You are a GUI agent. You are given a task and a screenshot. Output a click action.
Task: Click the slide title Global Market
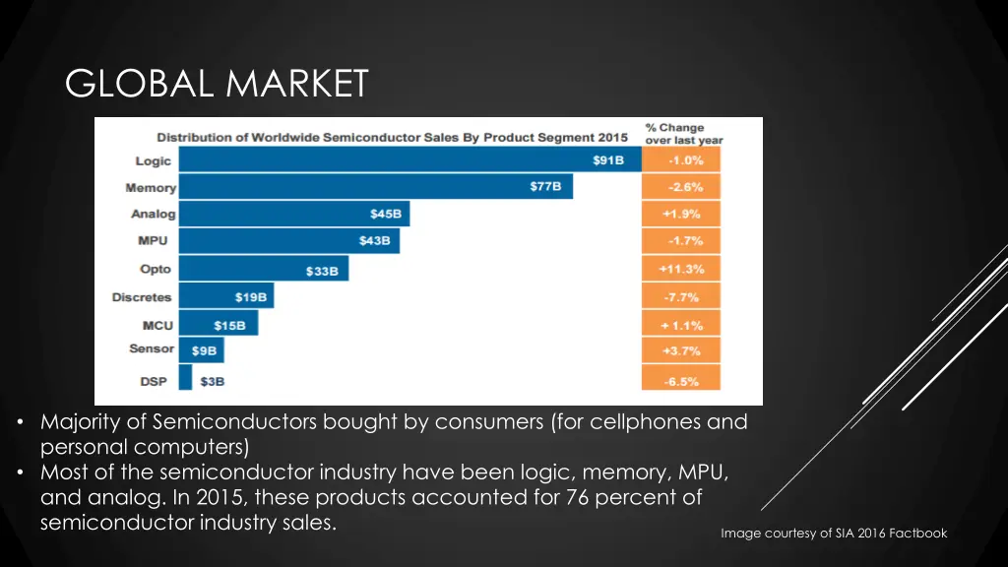point(217,84)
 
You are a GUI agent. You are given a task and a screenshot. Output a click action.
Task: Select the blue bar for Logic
point(394,160)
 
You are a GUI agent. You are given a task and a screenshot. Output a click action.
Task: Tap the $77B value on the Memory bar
point(546,187)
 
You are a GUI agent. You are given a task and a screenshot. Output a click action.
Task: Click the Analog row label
point(153,214)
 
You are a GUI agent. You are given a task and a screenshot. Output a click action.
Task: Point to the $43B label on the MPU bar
point(374,240)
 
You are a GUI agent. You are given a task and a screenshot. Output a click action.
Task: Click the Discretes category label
point(142,296)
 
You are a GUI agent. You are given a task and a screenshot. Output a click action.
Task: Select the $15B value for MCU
point(230,325)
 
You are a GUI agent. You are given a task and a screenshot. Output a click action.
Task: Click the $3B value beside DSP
point(212,380)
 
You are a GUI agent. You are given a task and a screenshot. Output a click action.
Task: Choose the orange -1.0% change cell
point(681,160)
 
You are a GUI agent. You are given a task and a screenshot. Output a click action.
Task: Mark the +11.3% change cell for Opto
point(681,269)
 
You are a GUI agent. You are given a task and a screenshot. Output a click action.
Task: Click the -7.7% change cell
point(681,296)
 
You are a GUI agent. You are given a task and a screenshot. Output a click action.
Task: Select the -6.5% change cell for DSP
point(681,380)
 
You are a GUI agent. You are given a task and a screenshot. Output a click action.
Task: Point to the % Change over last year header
point(683,134)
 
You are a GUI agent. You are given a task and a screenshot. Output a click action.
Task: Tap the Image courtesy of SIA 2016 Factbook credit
point(834,533)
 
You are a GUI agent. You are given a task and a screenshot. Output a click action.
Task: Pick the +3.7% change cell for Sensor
point(681,349)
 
